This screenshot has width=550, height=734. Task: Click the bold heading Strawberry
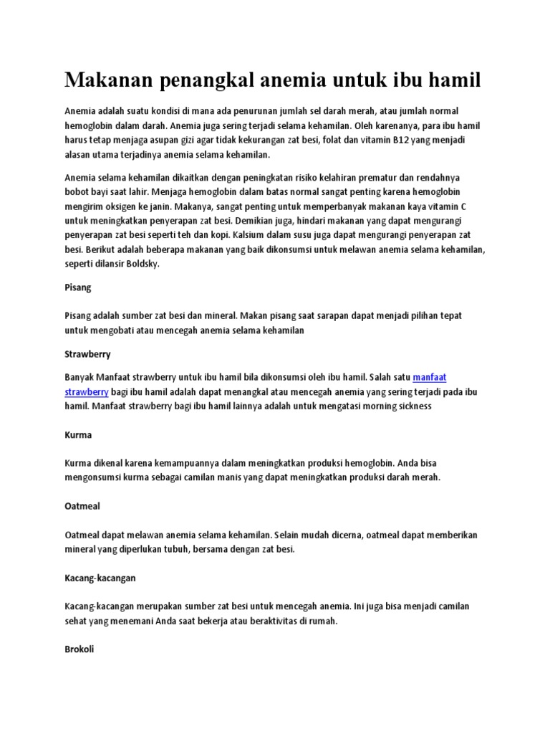coord(87,354)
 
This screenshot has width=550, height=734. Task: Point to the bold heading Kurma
coord(78,435)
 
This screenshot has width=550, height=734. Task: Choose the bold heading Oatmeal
coord(82,506)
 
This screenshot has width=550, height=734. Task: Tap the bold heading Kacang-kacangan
coord(100,576)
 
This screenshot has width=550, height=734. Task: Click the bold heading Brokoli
coord(79,649)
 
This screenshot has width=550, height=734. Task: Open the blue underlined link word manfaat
coord(430,377)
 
